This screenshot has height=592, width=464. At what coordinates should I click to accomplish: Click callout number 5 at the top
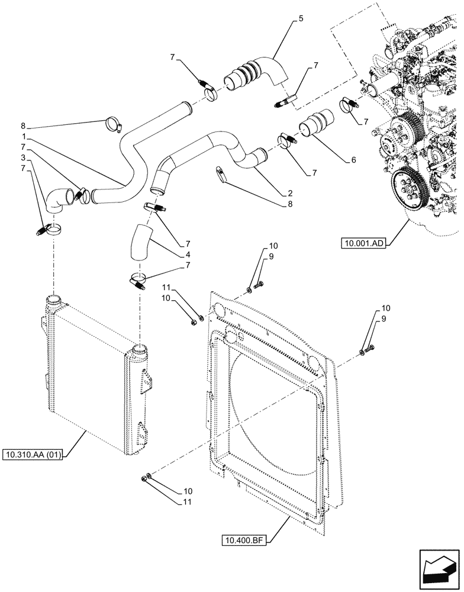(301, 19)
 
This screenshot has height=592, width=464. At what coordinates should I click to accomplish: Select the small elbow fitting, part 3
(56, 201)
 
